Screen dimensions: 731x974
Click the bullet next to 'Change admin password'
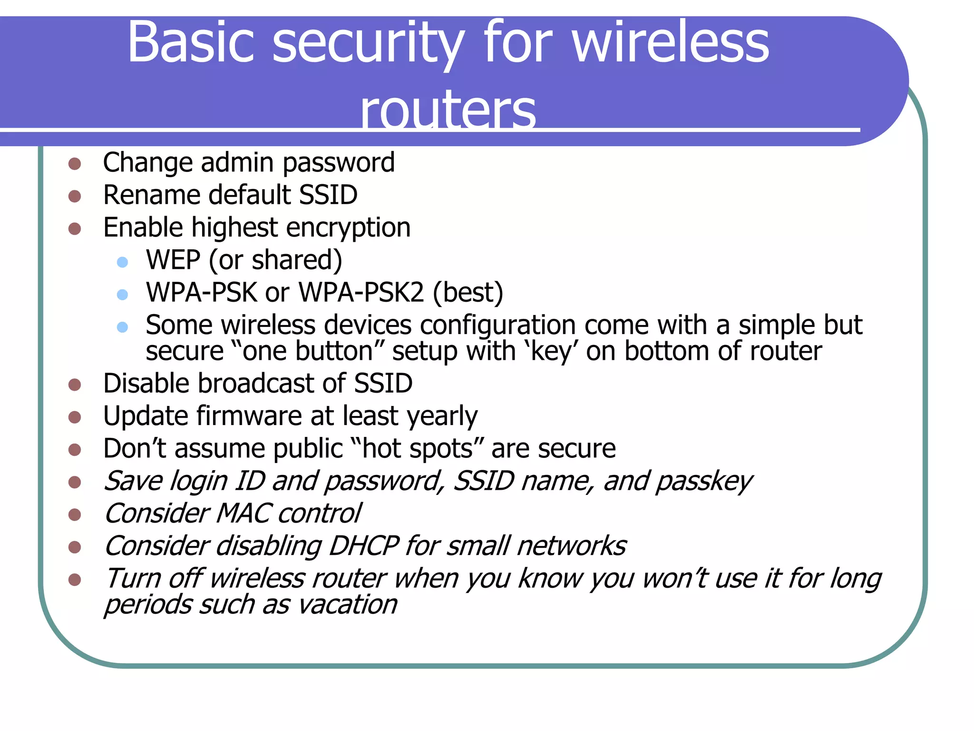pos(75,164)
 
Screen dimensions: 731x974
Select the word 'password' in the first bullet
pos(339,163)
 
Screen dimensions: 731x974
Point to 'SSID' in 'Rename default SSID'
pos(328,195)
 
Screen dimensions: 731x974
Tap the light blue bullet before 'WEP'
pos(123,262)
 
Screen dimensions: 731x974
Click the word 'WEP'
pos(173,260)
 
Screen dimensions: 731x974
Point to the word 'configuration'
pos(497,326)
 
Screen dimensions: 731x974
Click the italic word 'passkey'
pos(704,482)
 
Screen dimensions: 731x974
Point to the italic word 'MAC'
pos(244,514)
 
